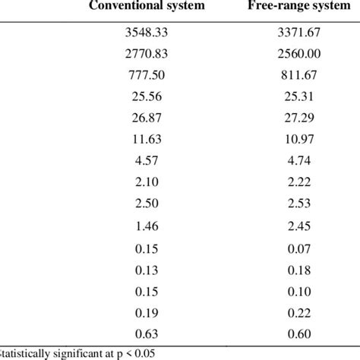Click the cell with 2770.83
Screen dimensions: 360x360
(x=144, y=55)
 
